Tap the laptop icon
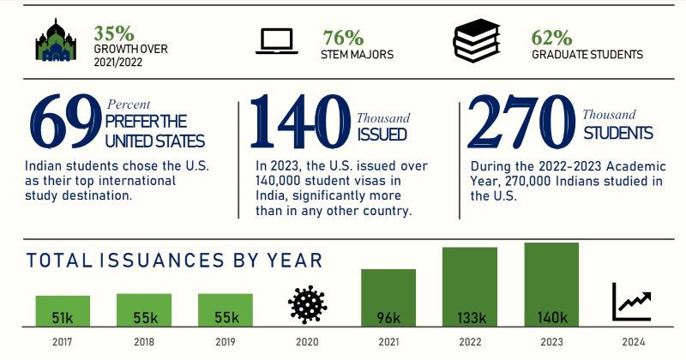(x=275, y=42)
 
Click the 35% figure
(x=114, y=33)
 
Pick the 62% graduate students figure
(x=551, y=38)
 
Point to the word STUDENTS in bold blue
(x=617, y=133)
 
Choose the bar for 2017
(x=63, y=311)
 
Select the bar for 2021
(x=388, y=297)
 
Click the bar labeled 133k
(x=469, y=287)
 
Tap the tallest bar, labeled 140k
(x=551, y=285)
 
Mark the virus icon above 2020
(x=307, y=304)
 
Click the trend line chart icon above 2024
(x=632, y=301)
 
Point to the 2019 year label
(x=226, y=342)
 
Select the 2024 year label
(x=632, y=342)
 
